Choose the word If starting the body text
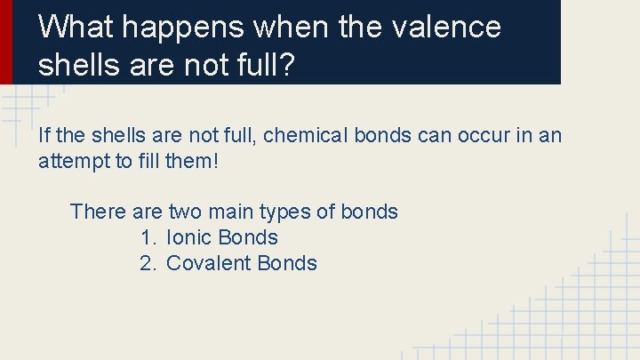click(x=45, y=136)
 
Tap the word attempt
click(x=72, y=162)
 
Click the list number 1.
click(x=147, y=237)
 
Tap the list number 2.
click(x=147, y=263)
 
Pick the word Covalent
click(x=210, y=263)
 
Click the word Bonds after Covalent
click(x=288, y=263)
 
